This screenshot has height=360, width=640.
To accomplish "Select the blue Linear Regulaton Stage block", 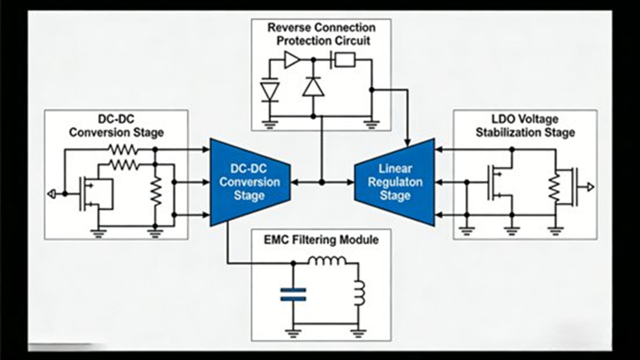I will (395, 181).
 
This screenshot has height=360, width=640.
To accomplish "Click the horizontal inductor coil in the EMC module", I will (327, 261).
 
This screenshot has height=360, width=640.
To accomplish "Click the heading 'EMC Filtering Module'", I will (320, 240).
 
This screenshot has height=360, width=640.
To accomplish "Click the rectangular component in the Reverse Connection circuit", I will (344, 60).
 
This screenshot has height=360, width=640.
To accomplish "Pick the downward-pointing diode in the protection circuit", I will (270, 90).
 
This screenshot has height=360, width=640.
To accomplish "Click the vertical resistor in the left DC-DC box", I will (155, 193).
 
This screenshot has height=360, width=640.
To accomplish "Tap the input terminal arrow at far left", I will (51, 193).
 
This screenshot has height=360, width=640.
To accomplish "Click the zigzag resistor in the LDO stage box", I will (553, 188).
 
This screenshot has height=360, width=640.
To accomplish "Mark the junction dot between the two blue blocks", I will (321, 181).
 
